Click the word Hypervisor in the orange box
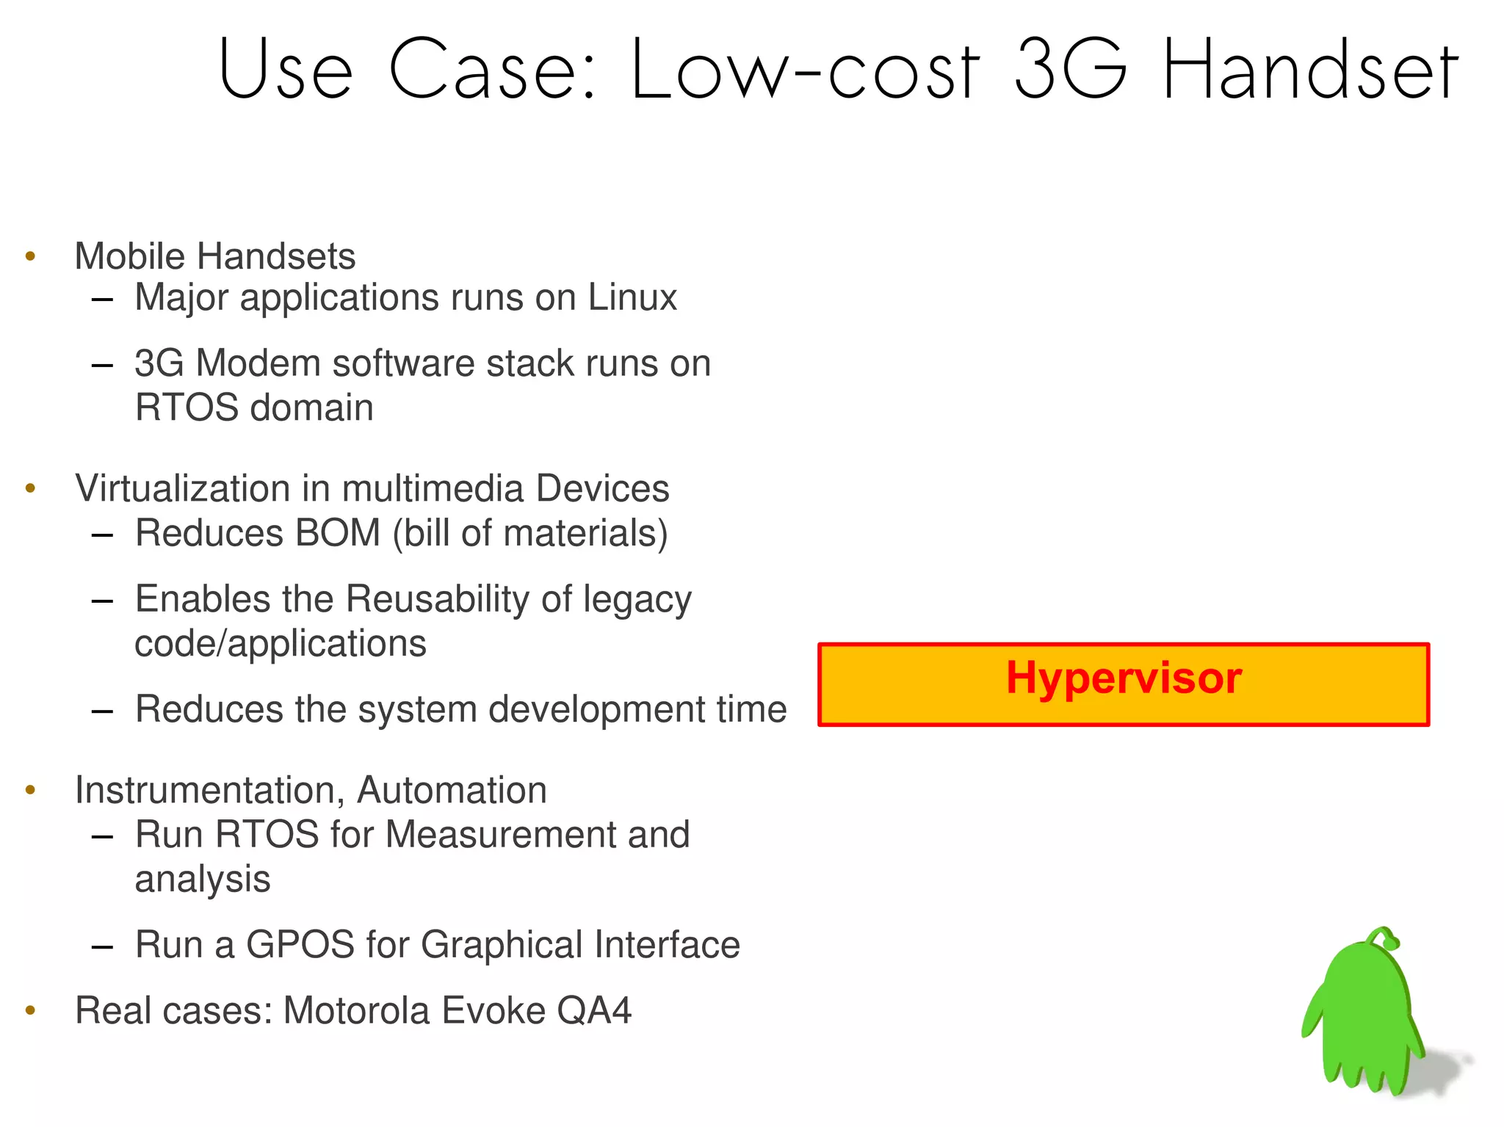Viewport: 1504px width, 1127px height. (1124, 678)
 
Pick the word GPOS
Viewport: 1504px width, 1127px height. (300, 945)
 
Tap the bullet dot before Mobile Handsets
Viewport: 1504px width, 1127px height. (30, 256)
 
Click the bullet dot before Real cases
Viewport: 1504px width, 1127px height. (30, 1010)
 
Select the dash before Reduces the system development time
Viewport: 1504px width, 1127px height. (102, 711)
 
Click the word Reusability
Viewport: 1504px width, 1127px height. (438, 599)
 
